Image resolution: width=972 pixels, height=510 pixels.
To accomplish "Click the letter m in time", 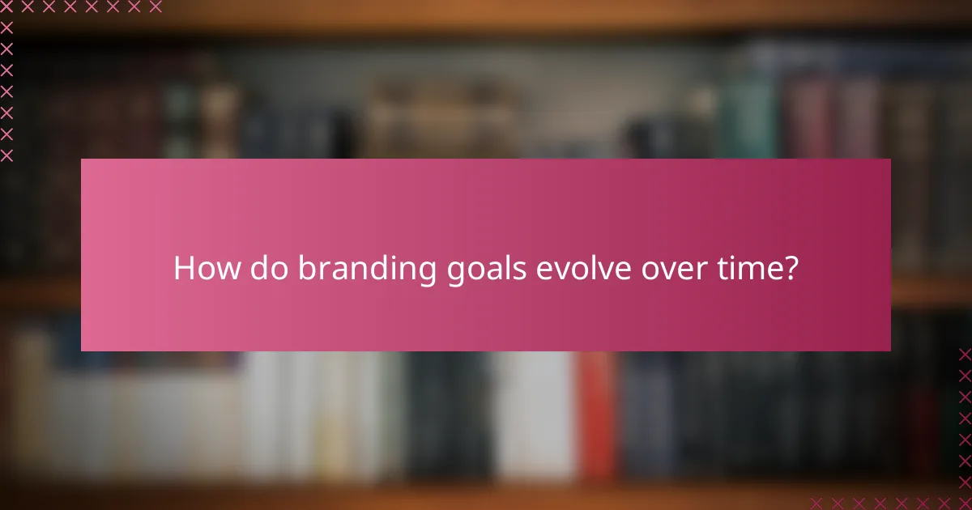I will pos(746,270).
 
